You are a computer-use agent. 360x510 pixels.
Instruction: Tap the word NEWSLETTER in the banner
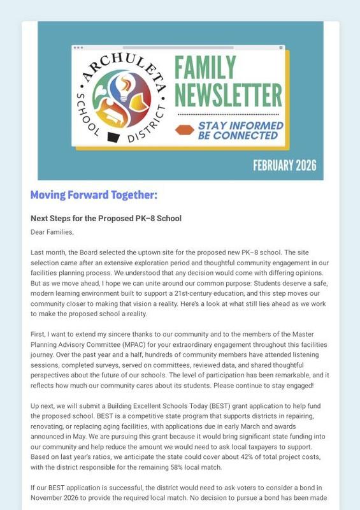coord(228,94)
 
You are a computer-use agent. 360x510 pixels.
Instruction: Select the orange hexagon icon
coord(185,129)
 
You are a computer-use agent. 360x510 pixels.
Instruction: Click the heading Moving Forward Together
coord(94,194)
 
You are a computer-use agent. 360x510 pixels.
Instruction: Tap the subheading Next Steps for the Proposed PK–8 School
coord(106,219)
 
